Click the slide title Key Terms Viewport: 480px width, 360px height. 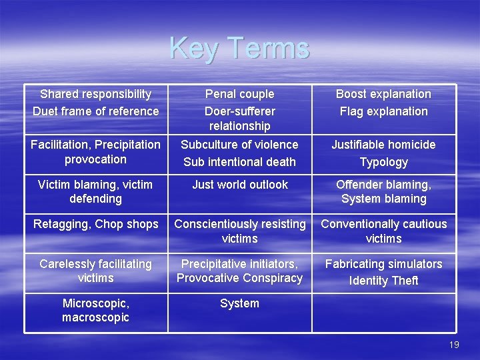click(239, 48)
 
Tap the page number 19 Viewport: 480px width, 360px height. click(454, 345)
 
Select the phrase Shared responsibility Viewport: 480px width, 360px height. click(96, 94)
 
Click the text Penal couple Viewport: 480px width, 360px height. click(239, 94)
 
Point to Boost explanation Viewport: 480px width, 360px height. click(383, 94)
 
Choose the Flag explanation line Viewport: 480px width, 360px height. click(383, 111)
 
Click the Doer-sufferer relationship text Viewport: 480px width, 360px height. click(239, 119)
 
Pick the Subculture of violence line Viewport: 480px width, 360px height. click(239, 145)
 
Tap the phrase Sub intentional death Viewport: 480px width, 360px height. click(239, 162)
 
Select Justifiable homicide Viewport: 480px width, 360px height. click(383, 145)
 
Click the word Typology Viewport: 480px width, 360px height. click(383, 162)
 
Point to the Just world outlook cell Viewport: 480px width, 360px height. click(239, 185)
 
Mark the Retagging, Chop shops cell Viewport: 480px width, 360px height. click(96, 224)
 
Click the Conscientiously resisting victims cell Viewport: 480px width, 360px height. click(239, 231)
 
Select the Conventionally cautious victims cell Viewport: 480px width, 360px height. click(383, 231)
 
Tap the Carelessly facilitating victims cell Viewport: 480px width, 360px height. click(96, 271)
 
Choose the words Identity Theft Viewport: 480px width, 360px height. click(383, 281)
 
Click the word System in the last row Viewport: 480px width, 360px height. click(239, 303)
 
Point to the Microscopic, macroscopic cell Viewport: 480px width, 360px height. click(96, 310)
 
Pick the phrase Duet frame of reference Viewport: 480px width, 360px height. click(96, 111)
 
